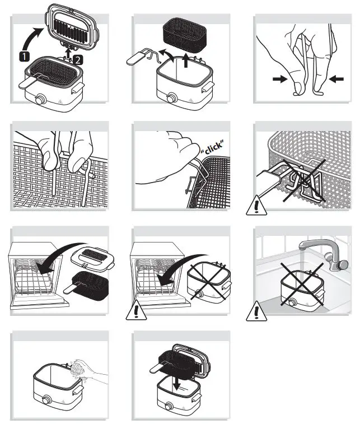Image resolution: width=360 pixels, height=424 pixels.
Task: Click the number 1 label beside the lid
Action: click(x=24, y=55)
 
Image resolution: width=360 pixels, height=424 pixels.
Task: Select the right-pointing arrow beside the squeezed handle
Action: click(x=279, y=80)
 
